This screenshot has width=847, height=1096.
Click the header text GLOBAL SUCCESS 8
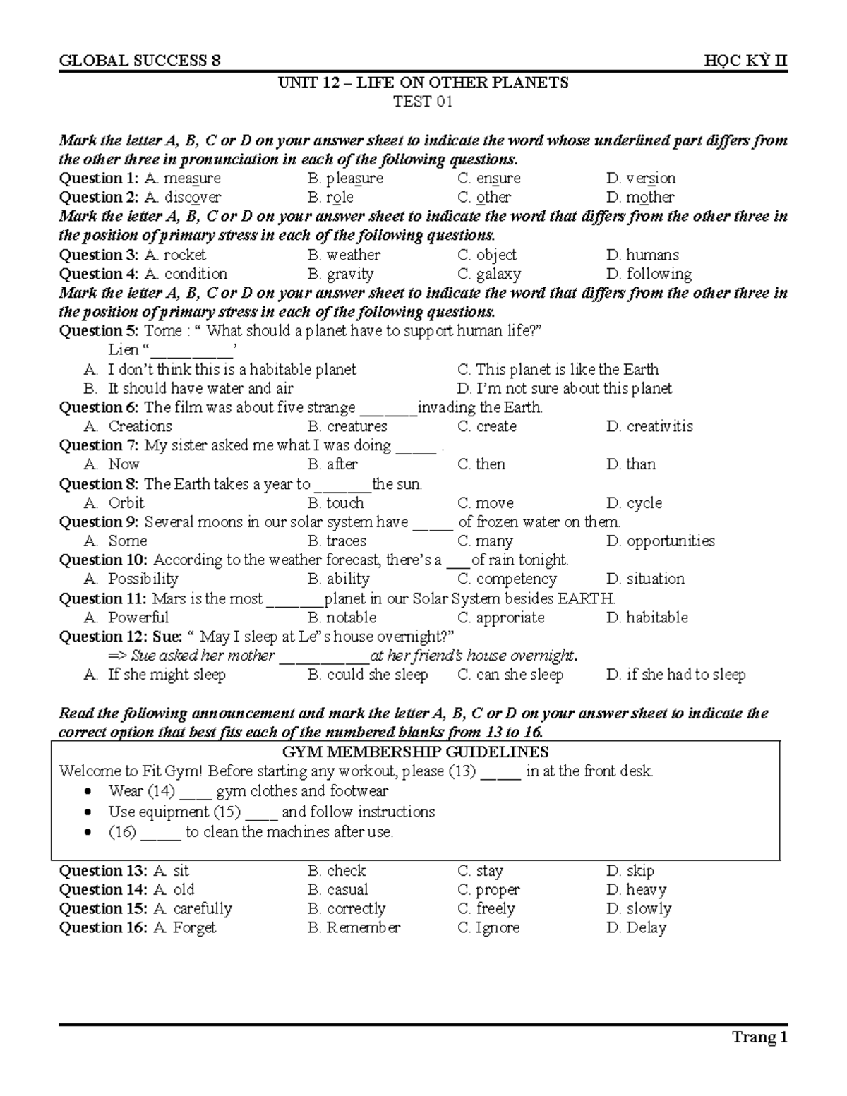[x=140, y=61]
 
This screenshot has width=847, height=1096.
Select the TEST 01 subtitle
[x=423, y=102]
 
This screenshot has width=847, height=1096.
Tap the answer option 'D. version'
[x=640, y=179]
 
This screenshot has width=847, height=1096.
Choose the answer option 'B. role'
[x=330, y=198]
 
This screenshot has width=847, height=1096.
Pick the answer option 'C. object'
[x=486, y=255]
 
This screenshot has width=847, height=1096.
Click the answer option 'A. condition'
[x=186, y=274]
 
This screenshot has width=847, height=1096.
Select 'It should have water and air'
[x=200, y=388]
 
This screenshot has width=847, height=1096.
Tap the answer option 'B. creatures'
[x=347, y=426]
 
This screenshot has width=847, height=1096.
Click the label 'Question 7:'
[x=100, y=445]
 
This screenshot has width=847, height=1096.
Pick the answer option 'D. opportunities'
[x=660, y=541]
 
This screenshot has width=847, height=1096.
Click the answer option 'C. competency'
[x=507, y=579]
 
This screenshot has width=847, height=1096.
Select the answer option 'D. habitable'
[x=647, y=618]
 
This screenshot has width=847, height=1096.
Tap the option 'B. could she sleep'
[x=368, y=675]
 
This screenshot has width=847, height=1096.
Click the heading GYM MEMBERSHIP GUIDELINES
[x=416, y=752]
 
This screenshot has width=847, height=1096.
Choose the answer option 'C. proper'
[x=488, y=890]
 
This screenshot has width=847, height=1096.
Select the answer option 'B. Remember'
[x=354, y=928]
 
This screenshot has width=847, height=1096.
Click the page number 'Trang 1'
[x=759, y=1037]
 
